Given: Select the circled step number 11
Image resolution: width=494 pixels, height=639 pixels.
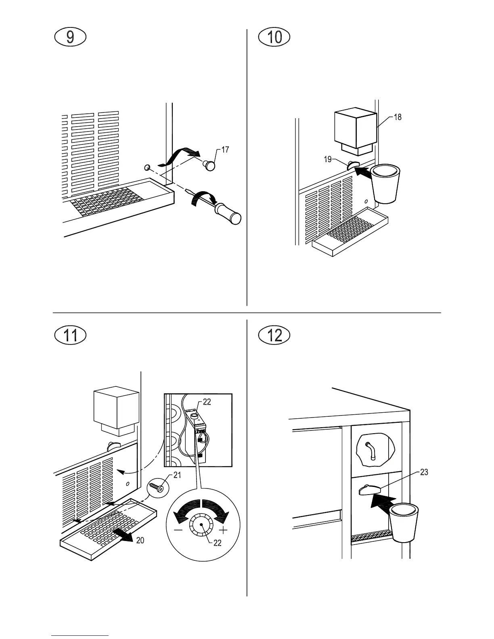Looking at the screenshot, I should click(x=70, y=336).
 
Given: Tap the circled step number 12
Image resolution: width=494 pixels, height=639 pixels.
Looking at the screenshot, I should click(x=275, y=336).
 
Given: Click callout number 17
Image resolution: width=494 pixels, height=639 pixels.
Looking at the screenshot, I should click(x=225, y=150).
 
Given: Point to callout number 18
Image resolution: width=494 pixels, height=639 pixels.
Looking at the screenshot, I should click(x=398, y=117).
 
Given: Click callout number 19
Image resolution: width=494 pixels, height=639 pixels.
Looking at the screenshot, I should click(x=328, y=159).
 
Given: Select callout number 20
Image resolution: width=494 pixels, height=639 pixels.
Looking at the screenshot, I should click(x=140, y=540).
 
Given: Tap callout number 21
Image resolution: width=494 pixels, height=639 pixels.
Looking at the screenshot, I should click(x=177, y=475).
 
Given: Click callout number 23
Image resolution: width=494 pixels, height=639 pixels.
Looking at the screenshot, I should click(x=424, y=472).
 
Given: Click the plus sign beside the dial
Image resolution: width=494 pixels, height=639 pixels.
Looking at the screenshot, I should click(x=222, y=530).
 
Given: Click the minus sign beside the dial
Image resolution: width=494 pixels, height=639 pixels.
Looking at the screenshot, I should click(x=178, y=530).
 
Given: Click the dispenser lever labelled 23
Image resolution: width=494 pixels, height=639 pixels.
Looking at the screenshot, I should click(x=369, y=490).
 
